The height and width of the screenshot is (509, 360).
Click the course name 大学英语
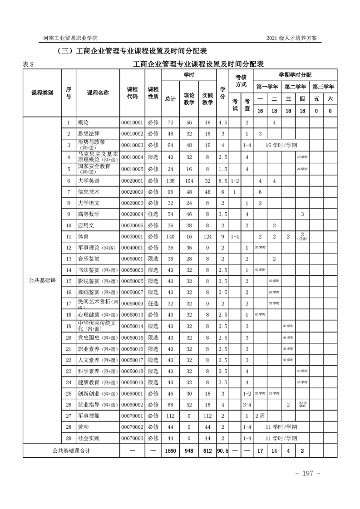[x=89, y=181]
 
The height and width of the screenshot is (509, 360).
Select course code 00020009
[x=132, y=192]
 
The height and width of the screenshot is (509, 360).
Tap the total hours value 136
[x=171, y=181]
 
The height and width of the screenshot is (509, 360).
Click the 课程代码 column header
[x=132, y=93]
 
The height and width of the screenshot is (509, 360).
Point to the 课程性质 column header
[x=153, y=93]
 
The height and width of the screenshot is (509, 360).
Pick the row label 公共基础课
[x=41, y=281]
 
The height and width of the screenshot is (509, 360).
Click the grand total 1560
[x=171, y=451]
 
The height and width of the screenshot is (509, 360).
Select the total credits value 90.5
[x=222, y=451]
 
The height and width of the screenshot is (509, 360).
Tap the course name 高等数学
[x=89, y=214]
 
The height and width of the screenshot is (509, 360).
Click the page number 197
[x=308, y=474]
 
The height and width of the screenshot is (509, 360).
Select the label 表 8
[x=29, y=64]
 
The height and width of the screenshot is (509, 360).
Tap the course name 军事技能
[x=89, y=416]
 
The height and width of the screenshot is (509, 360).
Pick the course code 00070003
[x=132, y=438]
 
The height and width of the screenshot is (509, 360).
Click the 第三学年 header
[x=323, y=86]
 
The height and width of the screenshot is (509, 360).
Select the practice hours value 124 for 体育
[x=207, y=236]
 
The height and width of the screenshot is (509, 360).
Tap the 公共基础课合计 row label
[x=71, y=451]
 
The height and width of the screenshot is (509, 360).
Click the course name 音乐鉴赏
[x=89, y=259]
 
